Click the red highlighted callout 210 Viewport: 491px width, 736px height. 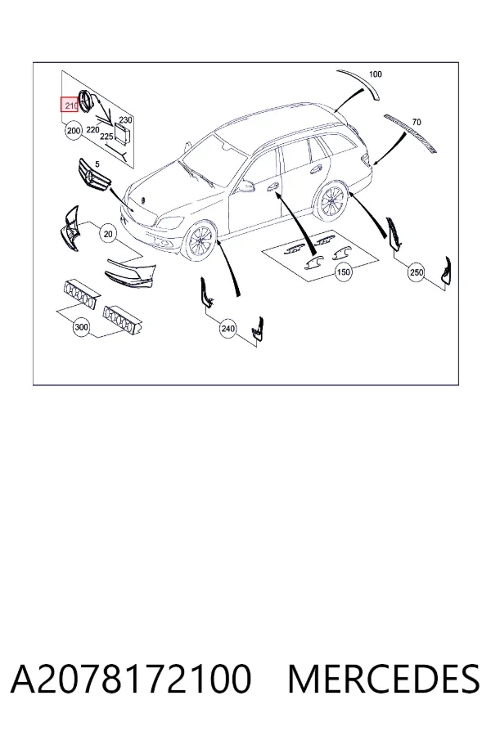click(70, 105)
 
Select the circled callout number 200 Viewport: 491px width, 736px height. click(74, 130)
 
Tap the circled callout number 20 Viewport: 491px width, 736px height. click(108, 233)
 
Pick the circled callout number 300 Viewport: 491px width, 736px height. click(81, 326)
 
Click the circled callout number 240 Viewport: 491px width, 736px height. click(227, 329)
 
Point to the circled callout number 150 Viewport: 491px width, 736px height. click(344, 272)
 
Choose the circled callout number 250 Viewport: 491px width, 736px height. click(417, 272)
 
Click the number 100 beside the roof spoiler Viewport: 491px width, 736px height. click(376, 74)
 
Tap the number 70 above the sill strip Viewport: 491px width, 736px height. click(417, 122)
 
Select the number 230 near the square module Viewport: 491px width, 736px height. click(125, 120)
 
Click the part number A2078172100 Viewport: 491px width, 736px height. click(131, 679)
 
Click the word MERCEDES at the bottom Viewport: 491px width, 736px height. click(384, 679)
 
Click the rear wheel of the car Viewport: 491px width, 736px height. click(333, 200)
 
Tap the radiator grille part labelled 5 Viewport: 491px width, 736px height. click(94, 175)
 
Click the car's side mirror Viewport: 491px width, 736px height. click(245, 186)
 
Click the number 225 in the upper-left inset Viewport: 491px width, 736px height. click(106, 137)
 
